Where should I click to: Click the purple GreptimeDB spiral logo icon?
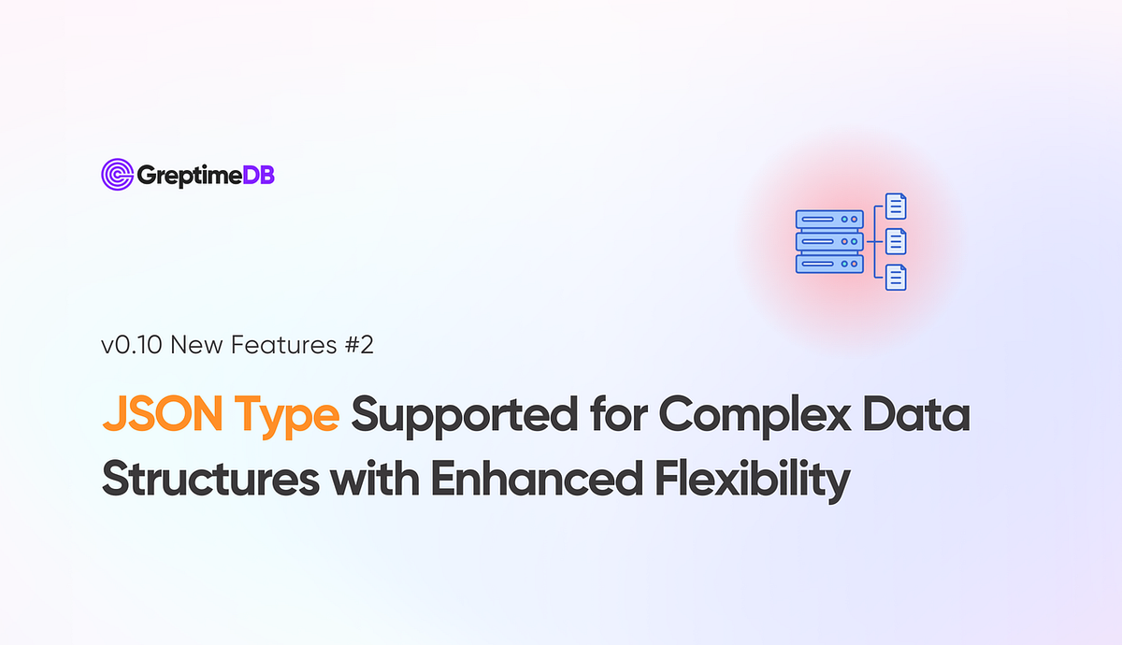(x=117, y=175)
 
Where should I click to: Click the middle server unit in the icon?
(x=828, y=242)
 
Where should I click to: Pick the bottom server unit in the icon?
(x=828, y=265)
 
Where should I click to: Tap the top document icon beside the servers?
(x=896, y=207)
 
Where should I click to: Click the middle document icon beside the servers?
(x=896, y=242)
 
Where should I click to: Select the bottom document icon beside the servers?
(x=896, y=278)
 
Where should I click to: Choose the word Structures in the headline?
(x=203, y=480)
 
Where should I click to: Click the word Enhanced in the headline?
(x=503, y=480)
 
